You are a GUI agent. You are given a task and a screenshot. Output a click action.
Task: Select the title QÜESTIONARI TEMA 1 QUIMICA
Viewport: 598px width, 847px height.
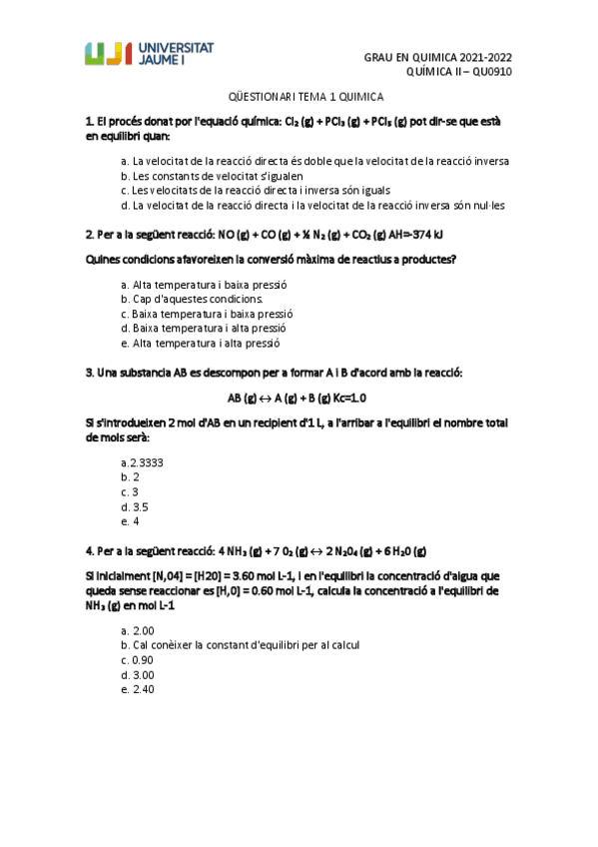click(x=299, y=97)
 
